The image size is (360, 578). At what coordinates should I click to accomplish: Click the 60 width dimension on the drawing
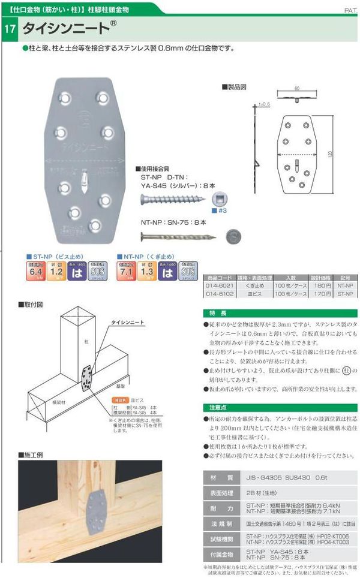[296, 89]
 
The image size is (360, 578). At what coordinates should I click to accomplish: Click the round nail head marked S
[233, 236]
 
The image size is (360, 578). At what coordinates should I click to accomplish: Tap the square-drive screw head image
[223, 198]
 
